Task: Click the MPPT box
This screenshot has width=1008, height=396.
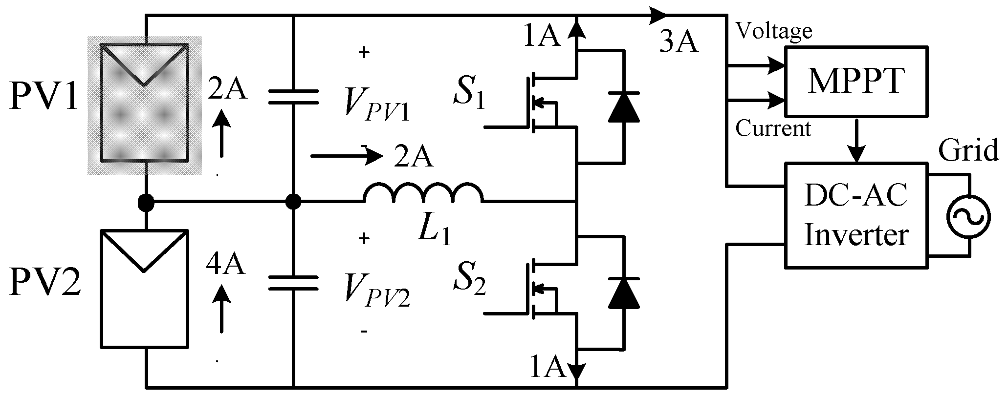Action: pyautogui.click(x=855, y=81)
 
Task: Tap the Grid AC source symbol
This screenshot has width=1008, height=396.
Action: pyautogui.click(x=968, y=216)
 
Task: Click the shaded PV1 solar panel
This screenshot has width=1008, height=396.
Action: pyautogui.click(x=144, y=105)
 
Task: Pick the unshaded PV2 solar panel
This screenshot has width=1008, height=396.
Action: pyautogui.click(x=144, y=288)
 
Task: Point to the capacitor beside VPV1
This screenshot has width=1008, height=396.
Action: pyautogui.click(x=293, y=96)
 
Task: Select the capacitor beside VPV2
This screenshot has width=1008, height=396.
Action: pyautogui.click(x=293, y=283)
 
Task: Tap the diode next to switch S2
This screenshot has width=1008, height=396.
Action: pyautogui.click(x=624, y=292)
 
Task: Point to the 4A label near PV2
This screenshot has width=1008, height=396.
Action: pyautogui.click(x=225, y=266)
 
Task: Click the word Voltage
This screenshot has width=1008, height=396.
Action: pyautogui.click(x=774, y=31)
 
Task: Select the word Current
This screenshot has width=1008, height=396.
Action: pyautogui.click(x=773, y=129)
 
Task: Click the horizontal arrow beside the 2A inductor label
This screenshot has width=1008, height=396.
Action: pyautogui.click(x=346, y=157)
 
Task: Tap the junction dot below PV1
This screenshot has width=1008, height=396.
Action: pyautogui.click(x=145, y=201)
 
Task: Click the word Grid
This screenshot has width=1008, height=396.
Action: pyautogui.click(x=968, y=150)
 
